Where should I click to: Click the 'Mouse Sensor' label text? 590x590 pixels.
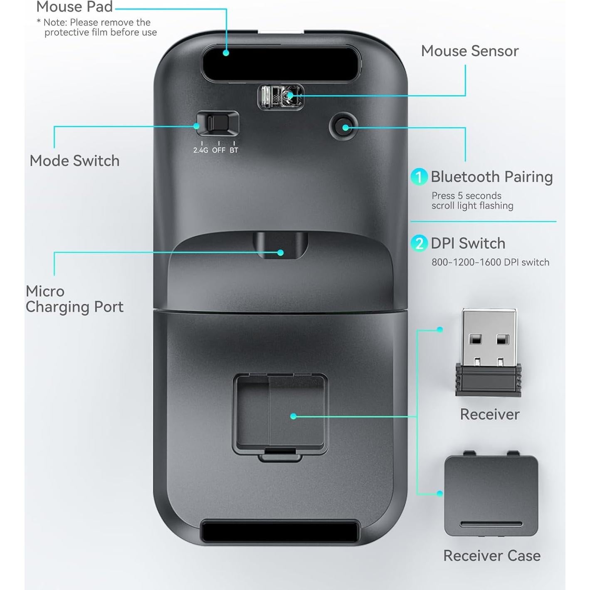tap(469, 51)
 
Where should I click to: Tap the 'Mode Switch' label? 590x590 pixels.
tap(74, 161)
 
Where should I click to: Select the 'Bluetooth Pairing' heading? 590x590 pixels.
tap(491, 177)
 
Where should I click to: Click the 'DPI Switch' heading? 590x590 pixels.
tap(468, 243)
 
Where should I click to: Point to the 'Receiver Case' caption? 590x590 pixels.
tap(491, 556)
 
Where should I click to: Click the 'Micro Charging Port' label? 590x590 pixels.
tap(74, 299)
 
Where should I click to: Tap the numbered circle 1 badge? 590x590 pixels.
tap(419, 177)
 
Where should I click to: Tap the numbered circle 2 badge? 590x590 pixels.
tap(419, 243)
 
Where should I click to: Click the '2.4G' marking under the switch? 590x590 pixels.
tap(200, 150)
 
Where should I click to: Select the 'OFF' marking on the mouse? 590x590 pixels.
tap(219, 150)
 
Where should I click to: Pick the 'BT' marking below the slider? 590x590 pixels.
tap(234, 150)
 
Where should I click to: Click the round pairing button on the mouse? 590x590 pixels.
tap(344, 127)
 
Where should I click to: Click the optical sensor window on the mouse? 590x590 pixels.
tap(281, 97)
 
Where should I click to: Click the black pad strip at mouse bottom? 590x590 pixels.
tap(280, 531)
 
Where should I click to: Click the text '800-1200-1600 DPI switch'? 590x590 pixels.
tap(490, 262)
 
